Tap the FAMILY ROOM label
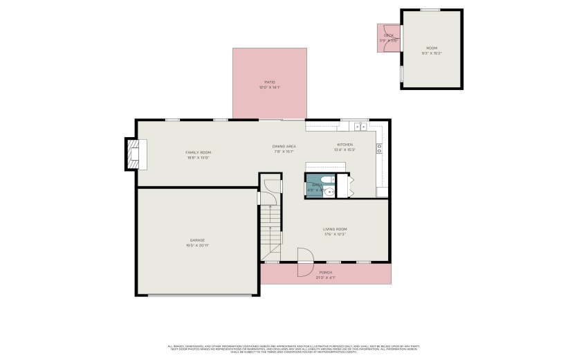pyautogui.click(x=198, y=152)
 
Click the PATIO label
pyautogui.click(x=270, y=82)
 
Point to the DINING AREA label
pyautogui.click(x=284, y=146)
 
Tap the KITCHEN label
pyautogui.click(x=344, y=145)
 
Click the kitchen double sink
pyautogui.click(x=360, y=127)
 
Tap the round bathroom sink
pyautogui.click(x=329, y=192)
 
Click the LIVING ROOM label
pyautogui.click(x=335, y=229)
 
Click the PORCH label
pyautogui.click(x=325, y=273)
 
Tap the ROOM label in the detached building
pyautogui.click(x=432, y=48)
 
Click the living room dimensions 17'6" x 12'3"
pyautogui.click(x=335, y=235)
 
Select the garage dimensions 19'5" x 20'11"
pyautogui.click(x=197, y=246)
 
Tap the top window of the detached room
pyautogui.click(x=430, y=10)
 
